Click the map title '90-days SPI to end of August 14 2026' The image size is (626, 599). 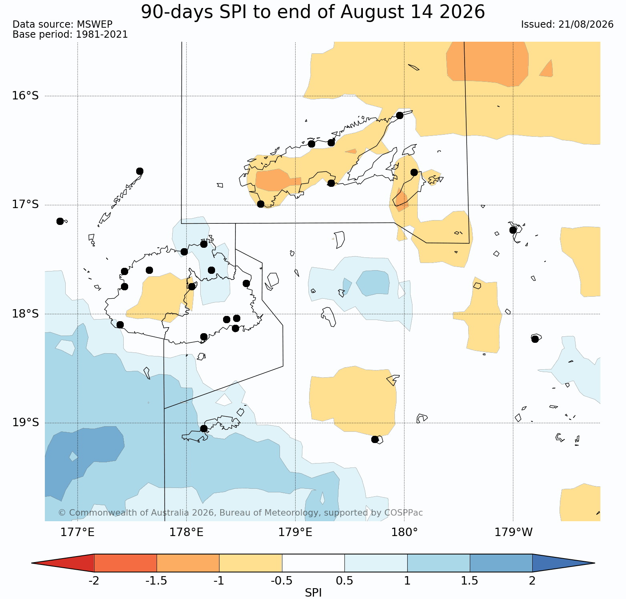click(x=313, y=12)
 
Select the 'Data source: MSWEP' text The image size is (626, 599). click(x=62, y=24)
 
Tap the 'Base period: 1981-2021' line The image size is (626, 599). click(x=70, y=34)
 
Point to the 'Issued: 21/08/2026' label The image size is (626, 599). click(x=567, y=24)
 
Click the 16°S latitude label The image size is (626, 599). click(x=25, y=96)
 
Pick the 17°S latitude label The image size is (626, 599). click(x=25, y=205)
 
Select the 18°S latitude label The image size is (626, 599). click(x=25, y=314)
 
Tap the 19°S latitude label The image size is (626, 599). click(x=25, y=423)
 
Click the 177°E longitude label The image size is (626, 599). click(x=77, y=532)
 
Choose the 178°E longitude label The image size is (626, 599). click(x=186, y=532)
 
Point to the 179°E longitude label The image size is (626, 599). click(x=295, y=532)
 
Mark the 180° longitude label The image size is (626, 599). click(x=404, y=532)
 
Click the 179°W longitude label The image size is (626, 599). click(x=513, y=532)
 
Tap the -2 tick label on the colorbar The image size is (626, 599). click(x=94, y=581)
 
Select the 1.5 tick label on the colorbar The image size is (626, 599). click(x=470, y=581)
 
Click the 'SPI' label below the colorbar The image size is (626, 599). click(x=313, y=593)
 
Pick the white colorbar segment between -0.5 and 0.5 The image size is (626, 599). click(x=313, y=563)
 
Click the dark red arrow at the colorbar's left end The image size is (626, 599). click(x=63, y=563)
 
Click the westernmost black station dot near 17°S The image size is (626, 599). click(x=60, y=221)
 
